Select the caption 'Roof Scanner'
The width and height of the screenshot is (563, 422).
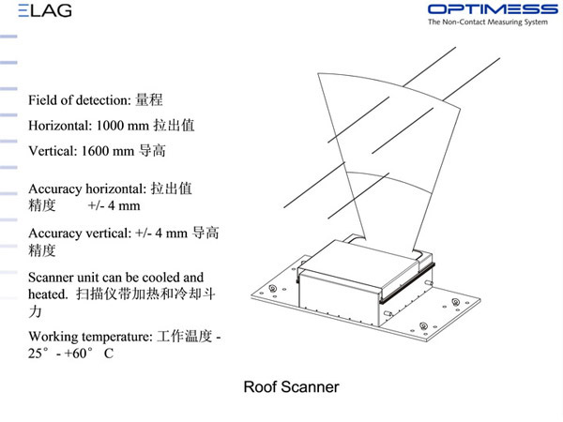click(x=291, y=386)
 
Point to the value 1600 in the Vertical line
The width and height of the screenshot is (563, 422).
click(x=102, y=149)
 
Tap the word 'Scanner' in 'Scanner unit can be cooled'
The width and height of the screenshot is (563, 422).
click(x=54, y=278)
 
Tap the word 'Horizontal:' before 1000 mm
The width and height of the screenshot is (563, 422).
click(x=61, y=125)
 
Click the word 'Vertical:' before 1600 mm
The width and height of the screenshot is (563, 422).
click(x=53, y=149)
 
